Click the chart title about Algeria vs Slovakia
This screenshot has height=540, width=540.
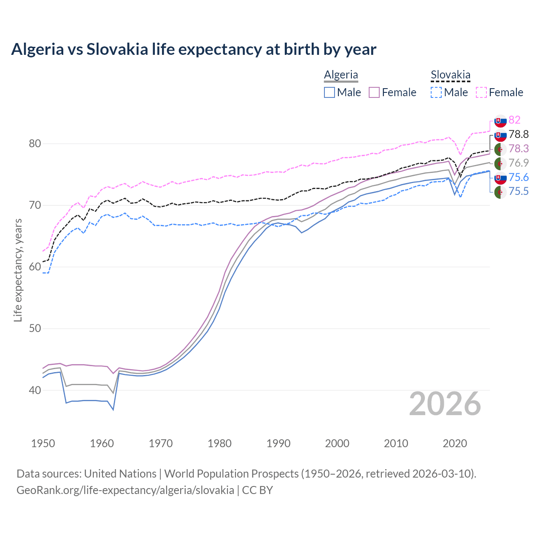click(x=194, y=49)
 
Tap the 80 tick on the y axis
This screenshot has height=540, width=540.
click(x=35, y=143)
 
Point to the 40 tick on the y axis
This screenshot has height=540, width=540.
click(x=35, y=390)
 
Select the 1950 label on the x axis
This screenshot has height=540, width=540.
click(x=43, y=443)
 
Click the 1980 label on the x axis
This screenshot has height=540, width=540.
click(x=219, y=443)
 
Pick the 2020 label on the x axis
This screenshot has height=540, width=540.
click(x=455, y=443)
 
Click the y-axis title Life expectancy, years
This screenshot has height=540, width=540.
click(x=18, y=270)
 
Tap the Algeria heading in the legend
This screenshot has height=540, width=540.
click(x=341, y=75)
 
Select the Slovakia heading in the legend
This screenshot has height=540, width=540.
click(x=450, y=75)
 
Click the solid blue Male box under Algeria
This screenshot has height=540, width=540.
click(x=329, y=92)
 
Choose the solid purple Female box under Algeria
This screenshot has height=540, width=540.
click(x=374, y=92)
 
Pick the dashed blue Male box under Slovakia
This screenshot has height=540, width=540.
click(x=436, y=92)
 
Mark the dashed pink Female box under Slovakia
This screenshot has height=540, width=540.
click(x=481, y=92)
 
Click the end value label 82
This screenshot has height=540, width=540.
click(x=514, y=120)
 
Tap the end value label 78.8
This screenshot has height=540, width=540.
click(x=518, y=134)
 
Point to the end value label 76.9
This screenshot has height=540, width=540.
click(x=518, y=163)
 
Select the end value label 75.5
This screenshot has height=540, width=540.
click(x=518, y=192)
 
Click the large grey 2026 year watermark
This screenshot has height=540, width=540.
click(x=445, y=404)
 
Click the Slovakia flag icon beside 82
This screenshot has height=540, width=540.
click(x=500, y=121)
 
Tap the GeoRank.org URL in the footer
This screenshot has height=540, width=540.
click(x=125, y=490)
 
